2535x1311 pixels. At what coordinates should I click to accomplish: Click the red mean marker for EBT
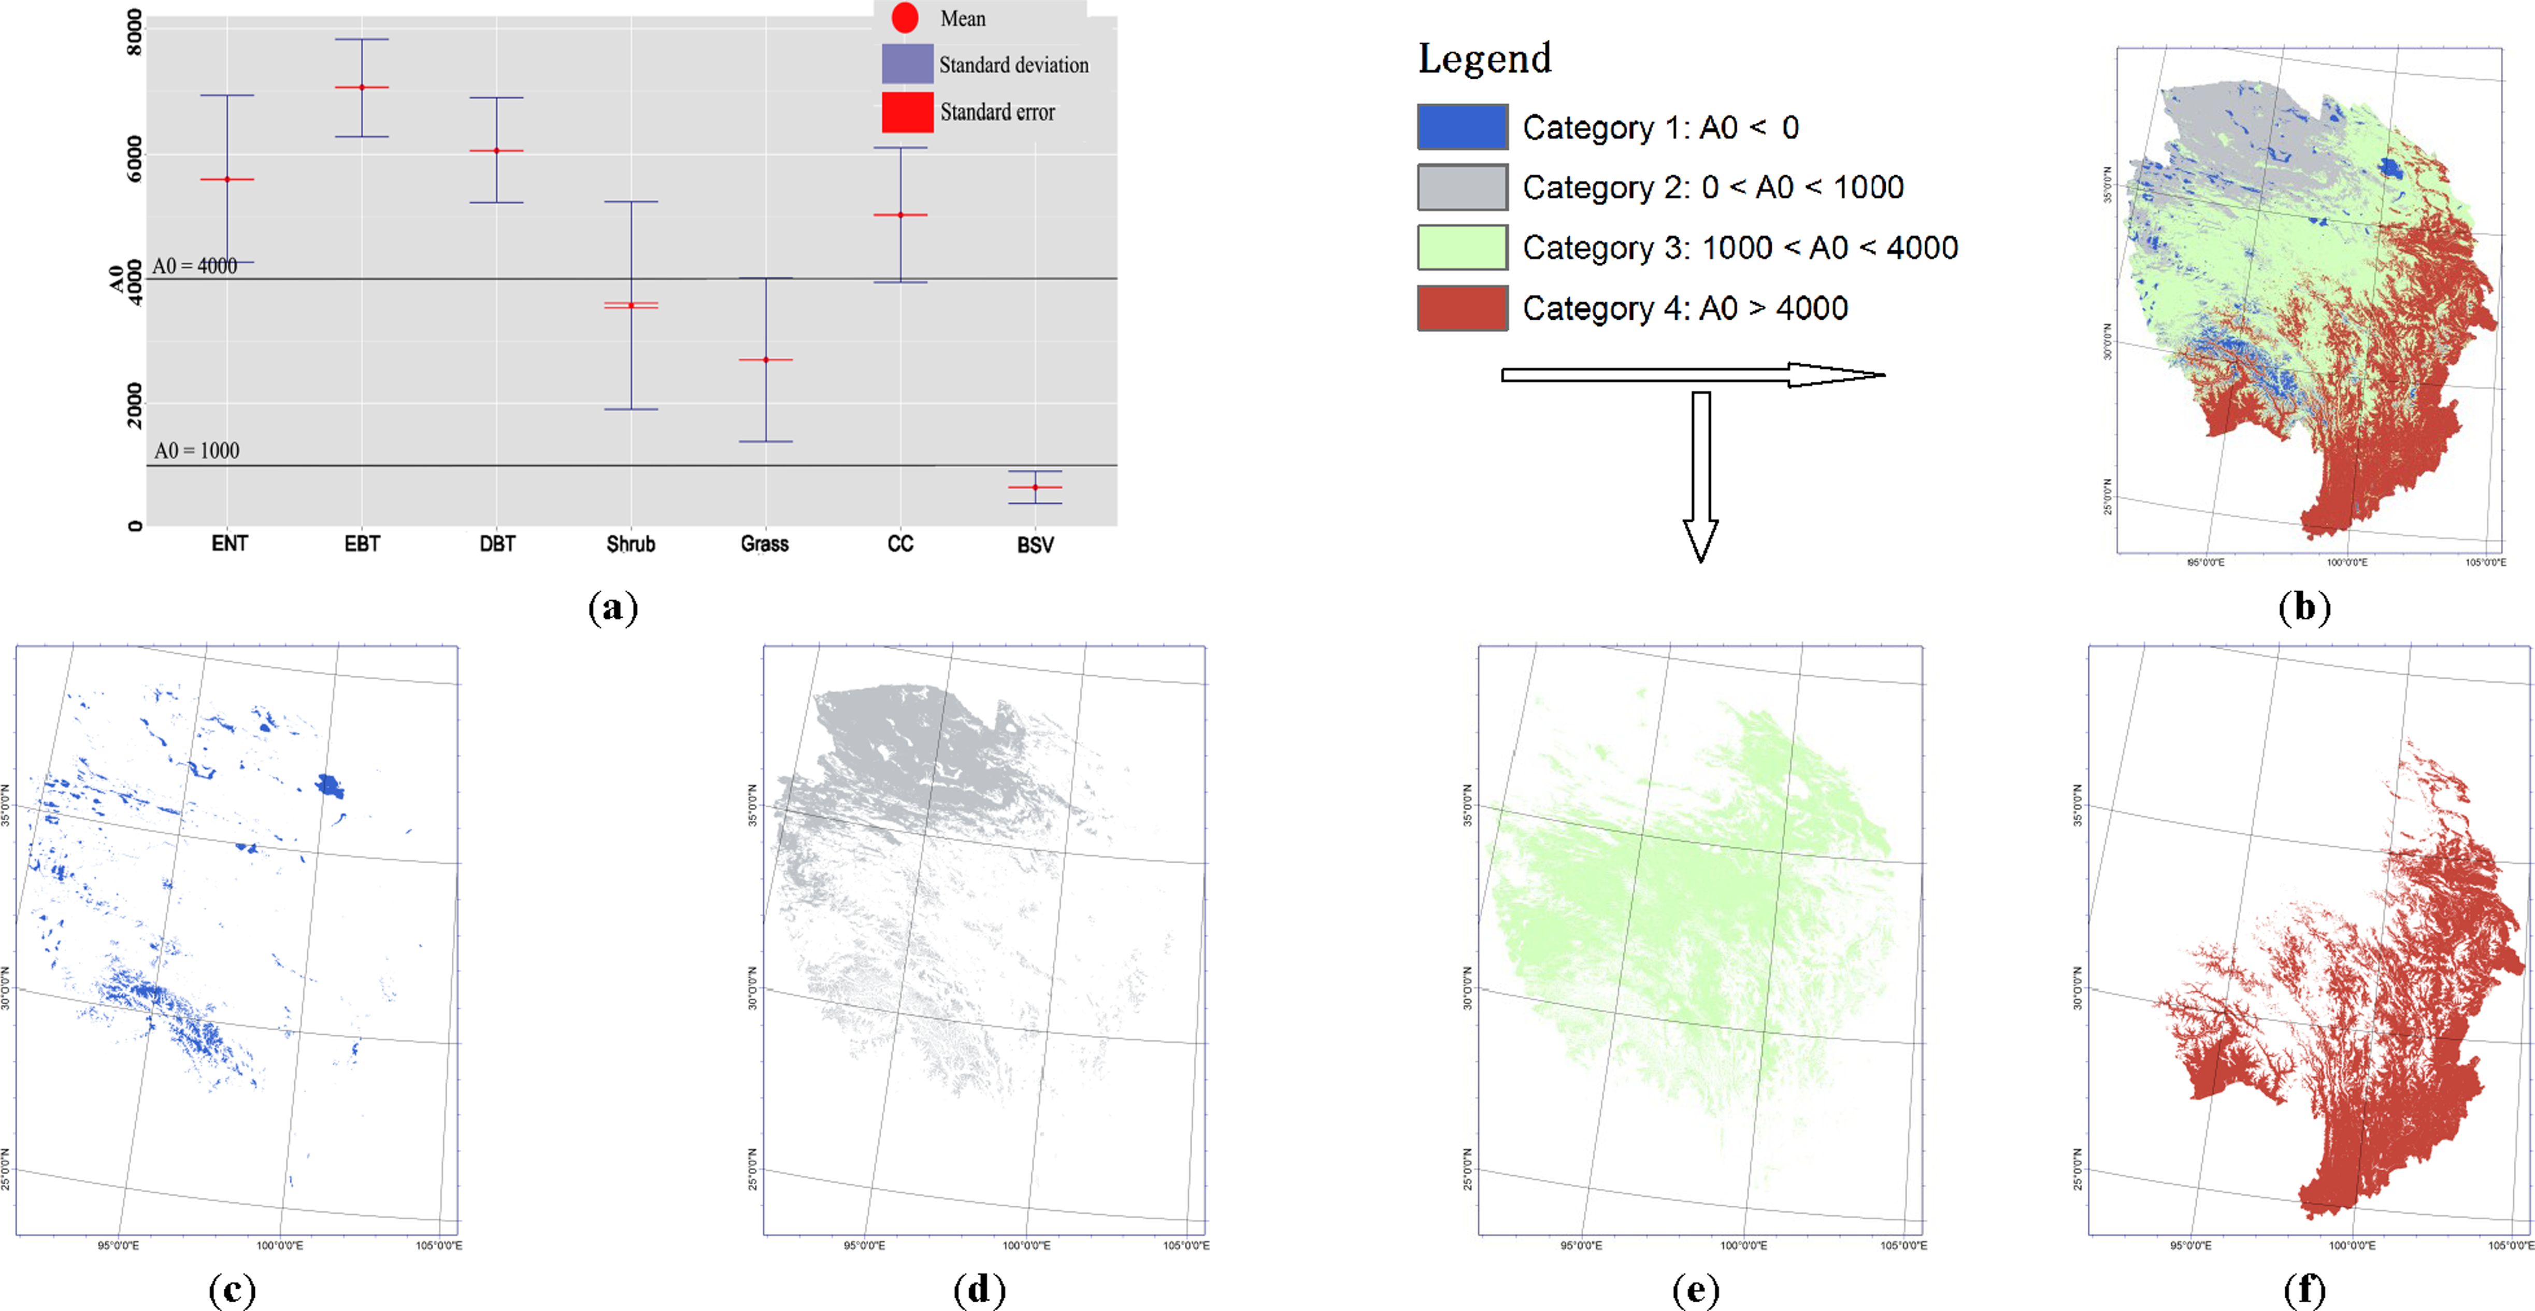coord(361,88)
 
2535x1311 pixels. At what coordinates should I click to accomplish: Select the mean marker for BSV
coord(1035,487)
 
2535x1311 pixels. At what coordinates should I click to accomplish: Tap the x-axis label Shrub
coord(631,544)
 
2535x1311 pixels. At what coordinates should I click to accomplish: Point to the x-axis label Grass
coord(765,544)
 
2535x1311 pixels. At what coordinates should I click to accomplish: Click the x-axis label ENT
coord(230,544)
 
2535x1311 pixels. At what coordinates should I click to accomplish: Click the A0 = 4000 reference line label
coord(195,266)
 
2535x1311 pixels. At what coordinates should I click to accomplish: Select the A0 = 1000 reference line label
coord(197,451)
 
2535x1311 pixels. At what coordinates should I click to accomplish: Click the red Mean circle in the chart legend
coord(905,18)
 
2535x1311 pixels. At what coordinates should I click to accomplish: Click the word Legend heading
coord(1484,59)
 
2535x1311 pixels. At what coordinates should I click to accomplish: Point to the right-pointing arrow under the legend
coord(1693,375)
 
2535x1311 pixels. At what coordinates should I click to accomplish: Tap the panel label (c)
coord(232,1289)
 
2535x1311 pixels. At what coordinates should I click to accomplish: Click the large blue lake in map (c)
coord(330,786)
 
